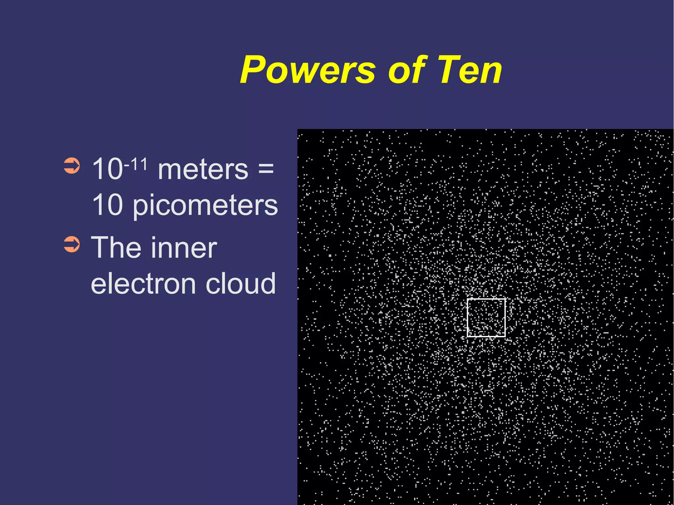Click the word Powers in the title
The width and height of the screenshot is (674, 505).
(x=308, y=70)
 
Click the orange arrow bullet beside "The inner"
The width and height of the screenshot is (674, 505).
(x=72, y=244)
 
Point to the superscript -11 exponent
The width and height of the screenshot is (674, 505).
(x=136, y=164)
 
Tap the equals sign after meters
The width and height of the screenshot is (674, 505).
(x=266, y=168)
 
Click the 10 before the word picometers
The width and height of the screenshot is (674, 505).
(x=107, y=205)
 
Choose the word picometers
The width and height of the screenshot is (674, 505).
(x=205, y=206)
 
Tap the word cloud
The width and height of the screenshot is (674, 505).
(x=241, y=284)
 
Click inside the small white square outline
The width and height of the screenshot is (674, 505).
(x=486, y=317)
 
